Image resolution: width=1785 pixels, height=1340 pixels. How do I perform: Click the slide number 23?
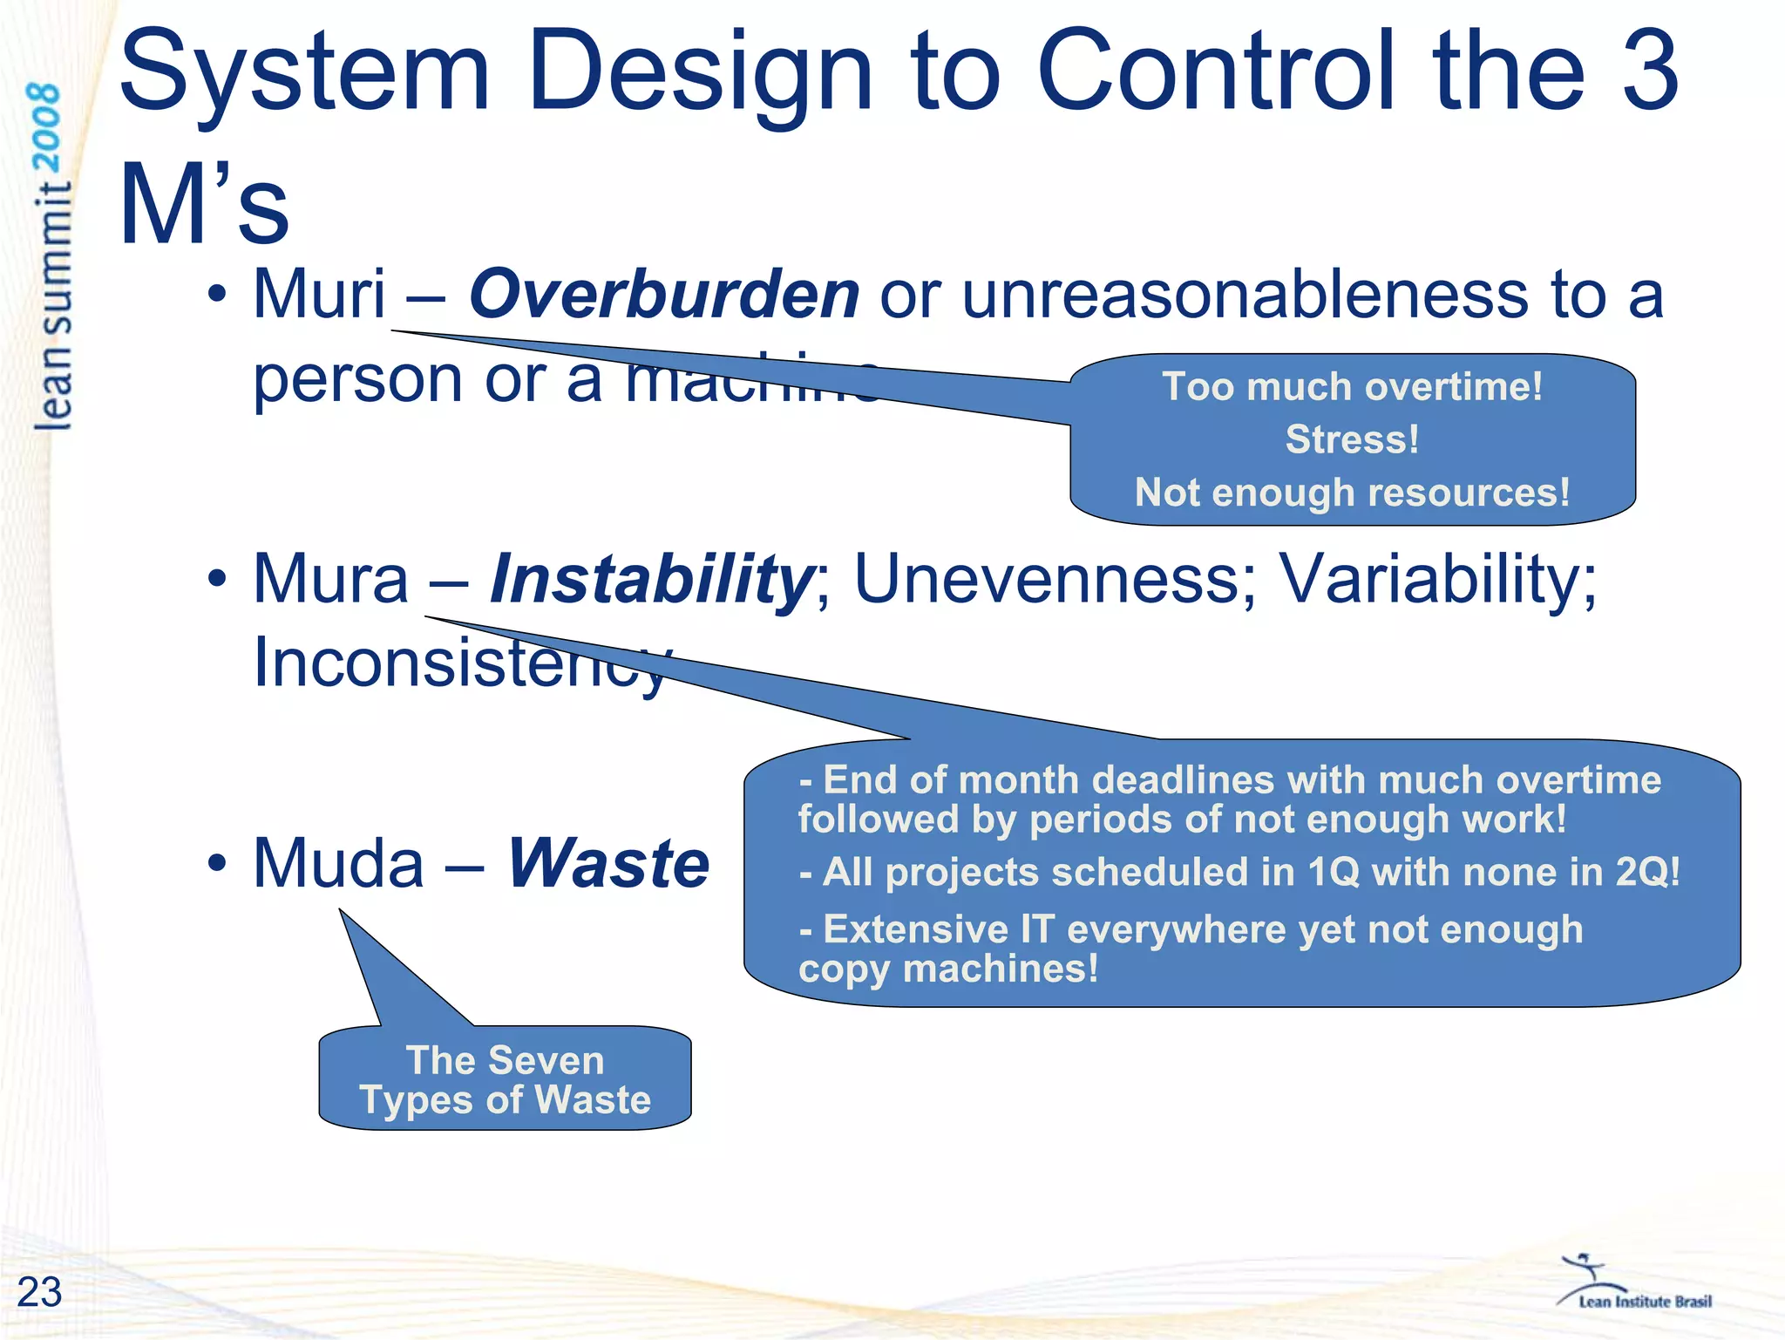39,1291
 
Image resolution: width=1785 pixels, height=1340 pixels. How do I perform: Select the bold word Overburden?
664,295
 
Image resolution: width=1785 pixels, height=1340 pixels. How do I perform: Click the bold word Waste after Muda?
608,863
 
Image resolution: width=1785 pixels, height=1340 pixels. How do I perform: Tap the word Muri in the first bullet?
319,295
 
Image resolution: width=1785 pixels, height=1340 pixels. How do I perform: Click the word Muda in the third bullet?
338,863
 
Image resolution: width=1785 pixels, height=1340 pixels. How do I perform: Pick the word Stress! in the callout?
1352,439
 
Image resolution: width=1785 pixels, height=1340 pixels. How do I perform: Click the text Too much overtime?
1352,386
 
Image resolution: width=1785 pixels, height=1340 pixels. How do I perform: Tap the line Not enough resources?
1352,493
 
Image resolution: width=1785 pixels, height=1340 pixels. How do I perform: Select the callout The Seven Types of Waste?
505,1080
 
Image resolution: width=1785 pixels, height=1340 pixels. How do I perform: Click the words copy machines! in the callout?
947,969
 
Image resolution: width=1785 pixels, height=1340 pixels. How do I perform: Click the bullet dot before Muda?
217,863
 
